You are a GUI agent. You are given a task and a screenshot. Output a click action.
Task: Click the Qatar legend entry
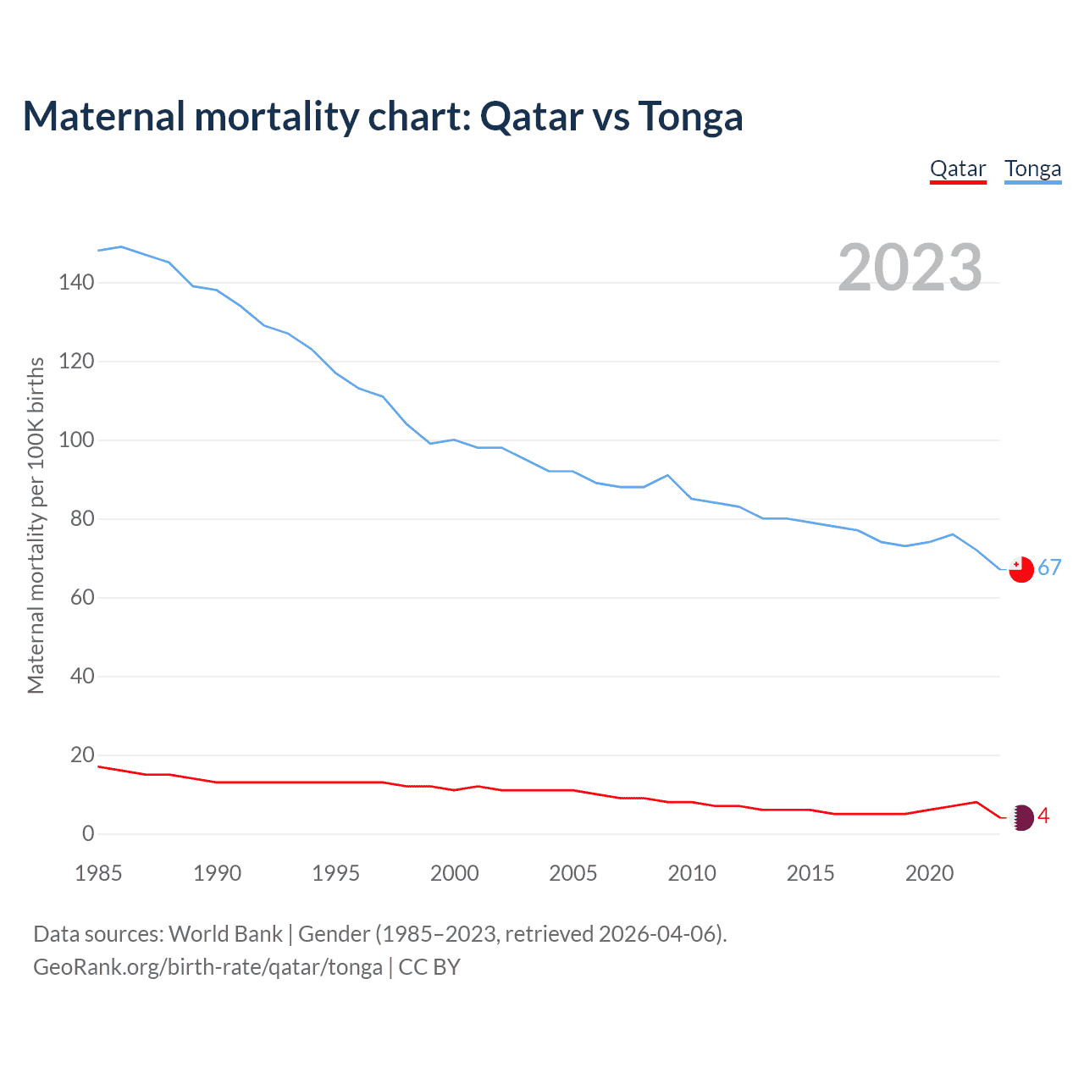[x=958, y=169]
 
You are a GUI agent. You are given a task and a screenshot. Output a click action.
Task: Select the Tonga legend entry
[x=1032, y=169]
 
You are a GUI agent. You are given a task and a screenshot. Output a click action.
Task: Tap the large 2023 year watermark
[x=910, y=268]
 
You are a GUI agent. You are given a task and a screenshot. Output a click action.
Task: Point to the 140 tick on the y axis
[x=76, y=282]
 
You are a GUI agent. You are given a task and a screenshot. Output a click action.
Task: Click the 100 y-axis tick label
[x=76, y=440]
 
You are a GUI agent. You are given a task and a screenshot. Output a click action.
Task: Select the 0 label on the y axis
[x=88, y=834]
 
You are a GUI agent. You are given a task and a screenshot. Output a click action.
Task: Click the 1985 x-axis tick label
[x=98, y=873]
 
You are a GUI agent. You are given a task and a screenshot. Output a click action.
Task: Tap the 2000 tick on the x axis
[x=455, y=873]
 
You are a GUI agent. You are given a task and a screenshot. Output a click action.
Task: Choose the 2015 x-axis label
[x=810, y=873]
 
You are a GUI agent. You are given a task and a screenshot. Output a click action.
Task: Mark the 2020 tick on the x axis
[x=929, y=873]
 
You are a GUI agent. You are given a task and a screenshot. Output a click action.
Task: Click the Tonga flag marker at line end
[x=1021, y=569]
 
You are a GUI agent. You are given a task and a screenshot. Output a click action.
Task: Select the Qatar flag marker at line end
[x=1022, y=817]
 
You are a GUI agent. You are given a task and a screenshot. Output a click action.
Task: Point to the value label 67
[x=1049, y=568]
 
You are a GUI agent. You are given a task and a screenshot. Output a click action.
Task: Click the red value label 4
[x=1043, y=816]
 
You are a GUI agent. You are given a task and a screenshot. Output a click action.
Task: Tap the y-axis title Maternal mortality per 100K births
[x=36, y=525]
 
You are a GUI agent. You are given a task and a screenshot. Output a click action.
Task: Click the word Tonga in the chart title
[x=690, y=117]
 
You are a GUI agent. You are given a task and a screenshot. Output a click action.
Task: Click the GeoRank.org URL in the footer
[x=207, y=967]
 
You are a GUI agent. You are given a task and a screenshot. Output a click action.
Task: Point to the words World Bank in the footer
[x=225, y=934]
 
